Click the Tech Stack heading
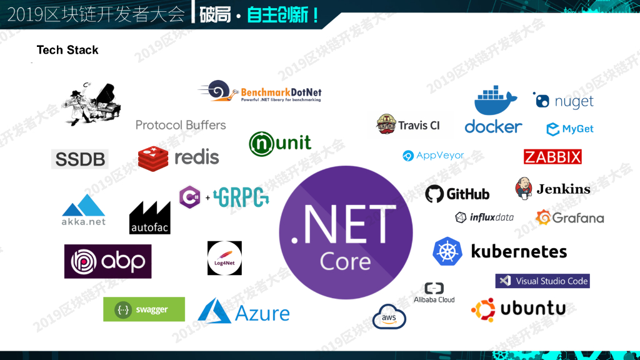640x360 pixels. [67, 50]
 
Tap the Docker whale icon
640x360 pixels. [495, 100]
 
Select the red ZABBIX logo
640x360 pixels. [552, 156]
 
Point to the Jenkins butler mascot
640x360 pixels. [523, 188]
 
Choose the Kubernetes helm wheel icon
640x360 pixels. [447, 251]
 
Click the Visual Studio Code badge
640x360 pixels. [542, 281]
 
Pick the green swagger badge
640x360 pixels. [144, 309]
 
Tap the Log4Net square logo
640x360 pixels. [224, 258]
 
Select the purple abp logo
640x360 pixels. [107, 261]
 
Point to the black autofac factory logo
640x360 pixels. [149, 217]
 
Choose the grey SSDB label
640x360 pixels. [80, 159]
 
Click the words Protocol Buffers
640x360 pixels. [181, 125]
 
